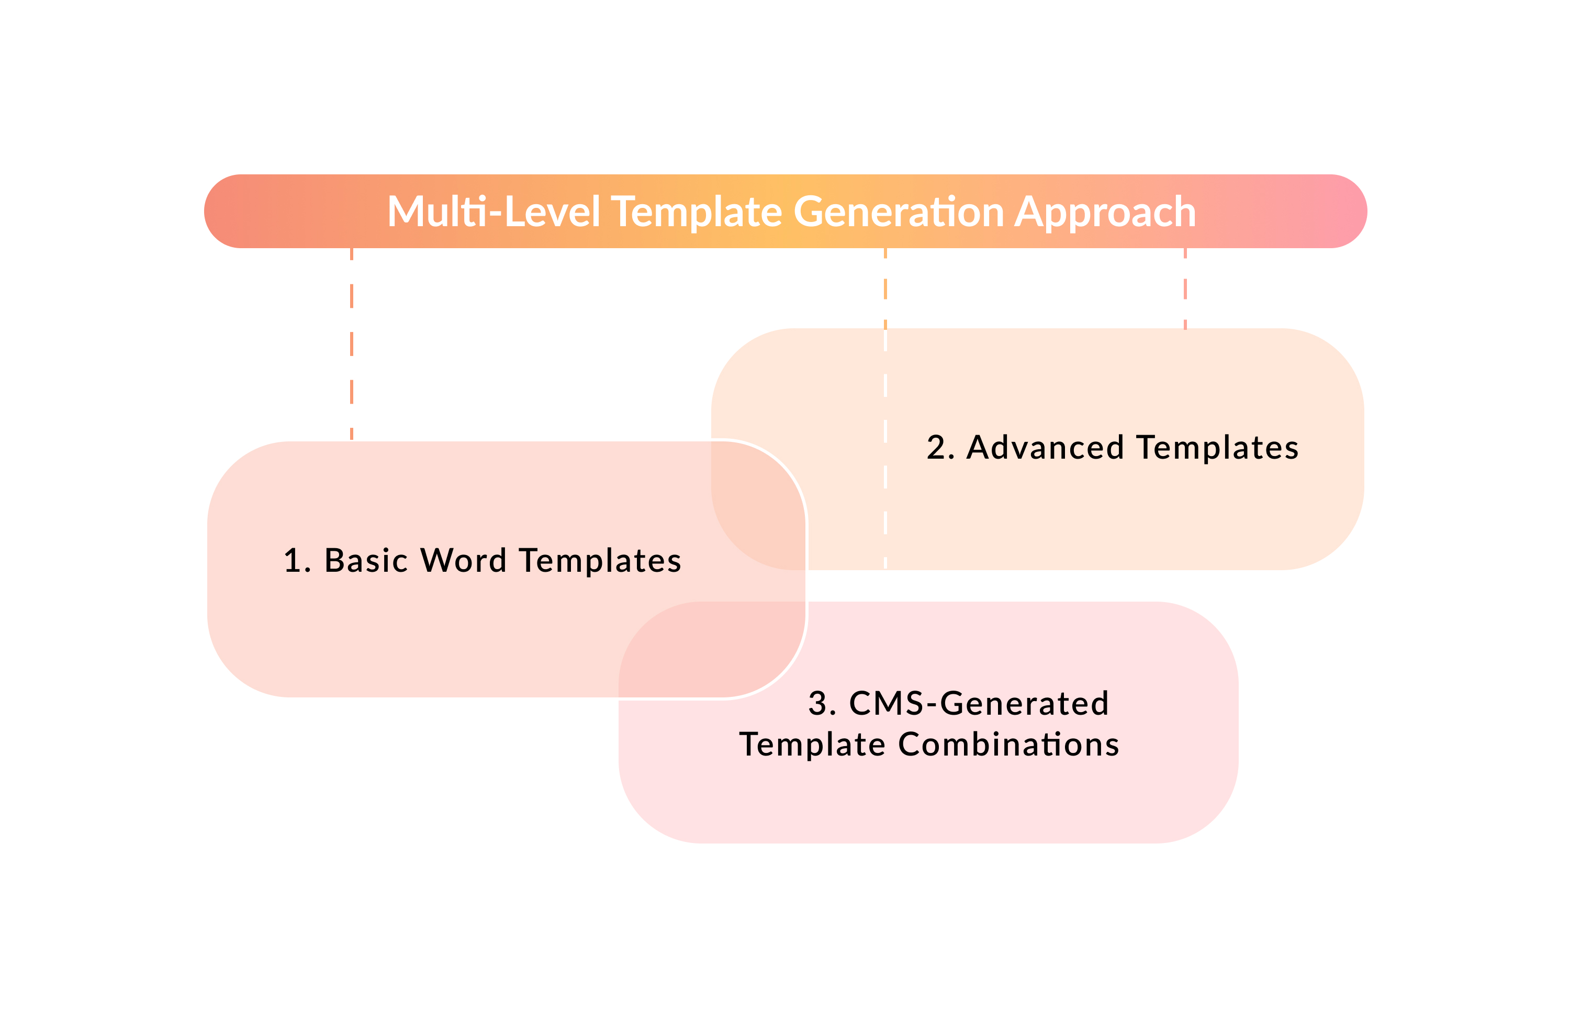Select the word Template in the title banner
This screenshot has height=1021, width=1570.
pos(697,213)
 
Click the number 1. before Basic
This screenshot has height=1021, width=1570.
pos(296,561)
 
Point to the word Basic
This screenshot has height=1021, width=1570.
pos(366,561)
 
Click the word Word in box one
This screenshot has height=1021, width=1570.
pos(464,561)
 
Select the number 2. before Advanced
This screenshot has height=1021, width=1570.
pos(940,448)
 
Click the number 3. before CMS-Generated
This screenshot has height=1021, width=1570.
pos(822,704)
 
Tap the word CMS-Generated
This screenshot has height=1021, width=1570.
pos(979,704)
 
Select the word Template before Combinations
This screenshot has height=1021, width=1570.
pos(812,745)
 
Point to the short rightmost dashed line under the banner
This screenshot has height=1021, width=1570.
pos(1185,288)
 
